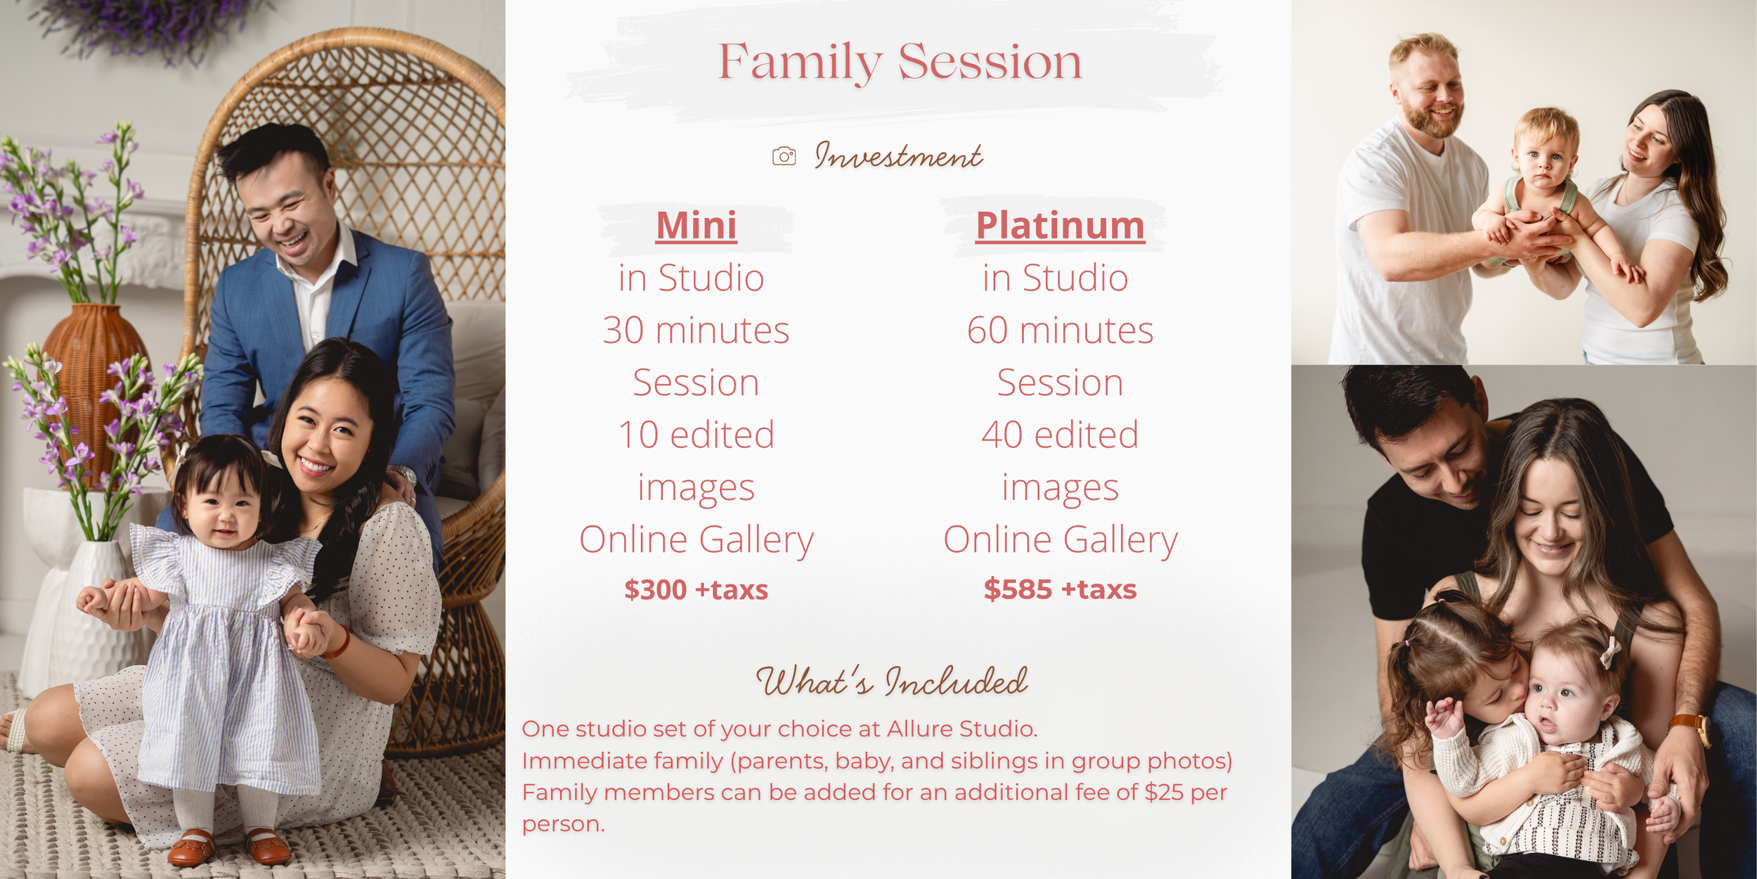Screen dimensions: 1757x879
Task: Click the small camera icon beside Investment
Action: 784,156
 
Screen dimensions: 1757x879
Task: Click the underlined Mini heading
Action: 696,226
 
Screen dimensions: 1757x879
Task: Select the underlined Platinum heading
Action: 1061,226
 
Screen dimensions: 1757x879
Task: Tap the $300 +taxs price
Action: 696,589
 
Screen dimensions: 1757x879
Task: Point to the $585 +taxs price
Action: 1060,589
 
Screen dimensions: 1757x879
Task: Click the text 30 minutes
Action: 696,330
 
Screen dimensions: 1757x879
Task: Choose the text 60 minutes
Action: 1060,330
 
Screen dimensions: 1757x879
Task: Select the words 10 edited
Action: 696,435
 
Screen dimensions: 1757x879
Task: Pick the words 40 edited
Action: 1060,435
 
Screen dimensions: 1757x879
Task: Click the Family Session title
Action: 900,62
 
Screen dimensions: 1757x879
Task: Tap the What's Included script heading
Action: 891,681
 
